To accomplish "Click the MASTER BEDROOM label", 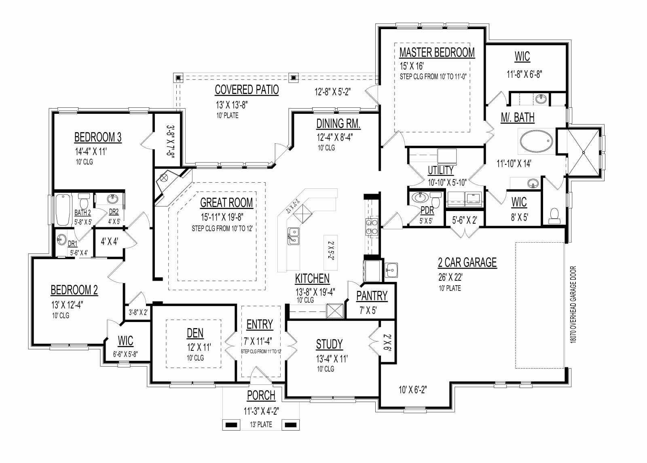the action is (x=437, y=52).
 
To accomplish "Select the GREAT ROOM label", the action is (x=226, y=203).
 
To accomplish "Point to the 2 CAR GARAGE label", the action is (x=467, y=262).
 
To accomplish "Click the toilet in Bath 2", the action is (x=85, y=200).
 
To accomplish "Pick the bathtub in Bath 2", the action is (x=63, y=209).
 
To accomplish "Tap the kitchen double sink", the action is (x=294, y=236).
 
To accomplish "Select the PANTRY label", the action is (x=372, y=296).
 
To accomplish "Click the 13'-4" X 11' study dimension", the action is (x=332, y=359).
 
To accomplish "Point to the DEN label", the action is (x=195, y=333).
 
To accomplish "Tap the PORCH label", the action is (x=261, y=395).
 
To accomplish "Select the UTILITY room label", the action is (x=440, y=171).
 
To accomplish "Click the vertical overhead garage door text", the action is (x=573, y=305).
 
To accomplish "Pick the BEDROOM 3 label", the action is (x=98, y=137).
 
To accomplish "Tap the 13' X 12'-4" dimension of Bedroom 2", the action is (x=68, y=305).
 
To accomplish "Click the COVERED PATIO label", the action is (x=247, y=90).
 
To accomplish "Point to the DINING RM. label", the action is (x=338, y=124).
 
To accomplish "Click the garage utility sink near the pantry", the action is (x=391, y=270).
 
